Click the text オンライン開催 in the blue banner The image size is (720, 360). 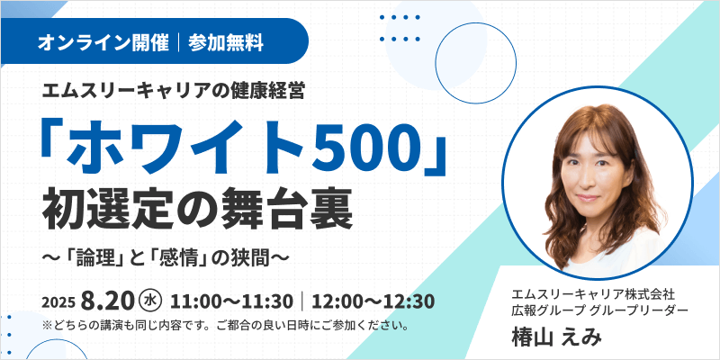pos(103,43)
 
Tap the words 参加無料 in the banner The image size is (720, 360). pos(226,43)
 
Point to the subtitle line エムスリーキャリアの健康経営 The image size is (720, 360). pos(173,92)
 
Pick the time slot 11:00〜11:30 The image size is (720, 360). pos(231,301)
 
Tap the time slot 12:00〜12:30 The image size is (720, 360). pos(373,301)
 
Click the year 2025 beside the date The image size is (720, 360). pos(58,303)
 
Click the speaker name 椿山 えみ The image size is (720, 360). pos(556,338)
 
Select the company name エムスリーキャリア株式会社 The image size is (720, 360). pos(592,293)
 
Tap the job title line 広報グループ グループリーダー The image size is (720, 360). pos(599,310)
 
